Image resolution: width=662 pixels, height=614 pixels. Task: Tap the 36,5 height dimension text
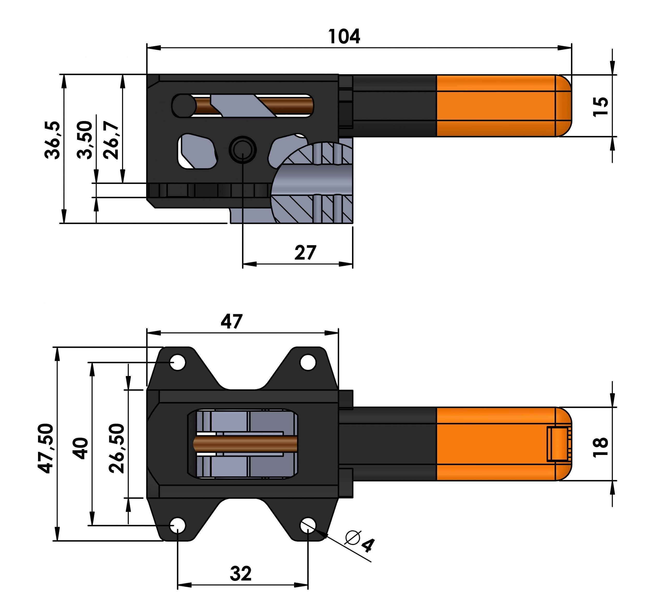coord(52,140)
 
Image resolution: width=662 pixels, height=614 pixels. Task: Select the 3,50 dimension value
coord(85,140)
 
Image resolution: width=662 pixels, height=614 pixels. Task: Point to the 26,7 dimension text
coord(111,140)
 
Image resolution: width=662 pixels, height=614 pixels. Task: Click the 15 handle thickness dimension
coord(600,106)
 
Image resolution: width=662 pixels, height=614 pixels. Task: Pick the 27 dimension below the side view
coord(305,253)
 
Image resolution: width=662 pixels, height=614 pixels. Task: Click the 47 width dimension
coord(231,321)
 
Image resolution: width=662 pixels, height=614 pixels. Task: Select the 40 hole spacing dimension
coord(81,448)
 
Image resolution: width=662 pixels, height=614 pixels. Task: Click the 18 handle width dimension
coord(600,447)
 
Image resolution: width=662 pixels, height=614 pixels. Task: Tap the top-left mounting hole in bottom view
coord(178,362)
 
